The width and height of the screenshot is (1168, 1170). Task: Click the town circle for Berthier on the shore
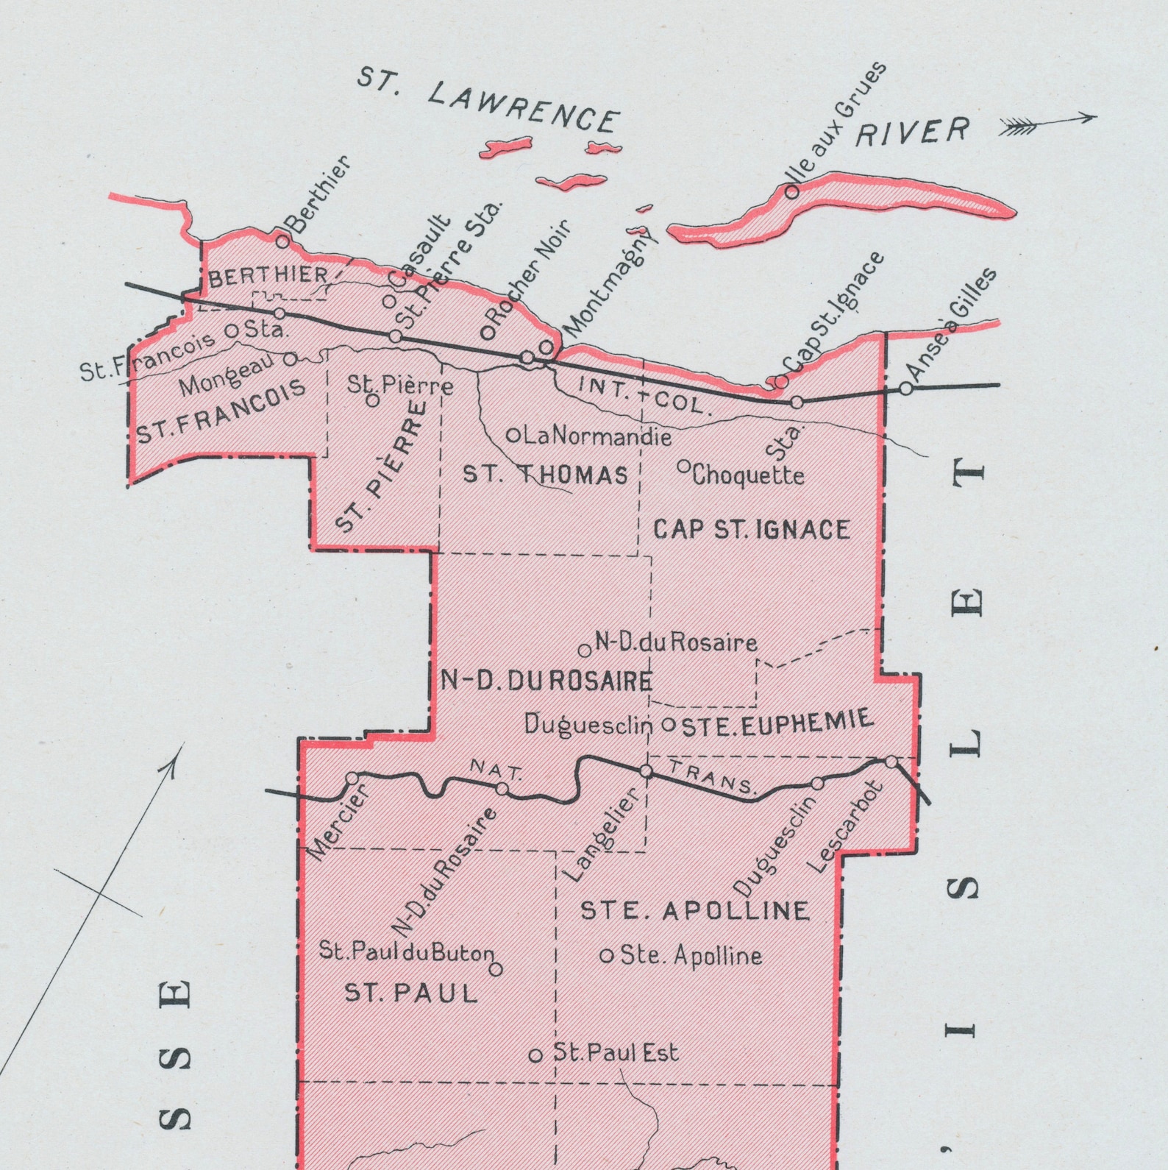click(x=282, y=241)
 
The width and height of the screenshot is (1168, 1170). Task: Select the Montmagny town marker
click(x=546, y=347)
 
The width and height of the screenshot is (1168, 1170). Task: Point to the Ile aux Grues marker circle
click(x=791, y=192)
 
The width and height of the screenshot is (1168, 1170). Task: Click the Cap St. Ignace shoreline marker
click(x=781, y=382)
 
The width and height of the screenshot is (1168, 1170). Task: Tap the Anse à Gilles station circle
click(x=906, y=389)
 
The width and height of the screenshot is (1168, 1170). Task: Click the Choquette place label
click(x=747, y=475)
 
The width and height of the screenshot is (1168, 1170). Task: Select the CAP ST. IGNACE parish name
click(x=751, y=529)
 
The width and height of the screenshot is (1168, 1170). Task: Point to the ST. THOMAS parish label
click(x=545, y=475)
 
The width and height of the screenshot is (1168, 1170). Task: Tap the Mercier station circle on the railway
click(x=352, y=779)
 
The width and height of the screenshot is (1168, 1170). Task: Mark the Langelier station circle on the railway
click(x=646, y=771)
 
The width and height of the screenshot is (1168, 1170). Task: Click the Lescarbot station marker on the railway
click(x=891, y=762)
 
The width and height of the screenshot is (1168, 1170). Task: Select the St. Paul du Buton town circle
click(x=496, y=969)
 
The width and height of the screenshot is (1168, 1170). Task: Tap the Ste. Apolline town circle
click(x=607, y=956)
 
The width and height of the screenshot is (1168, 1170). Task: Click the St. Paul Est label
click(x=615, y=1053)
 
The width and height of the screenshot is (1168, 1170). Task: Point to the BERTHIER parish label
click(x=268, y=276)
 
